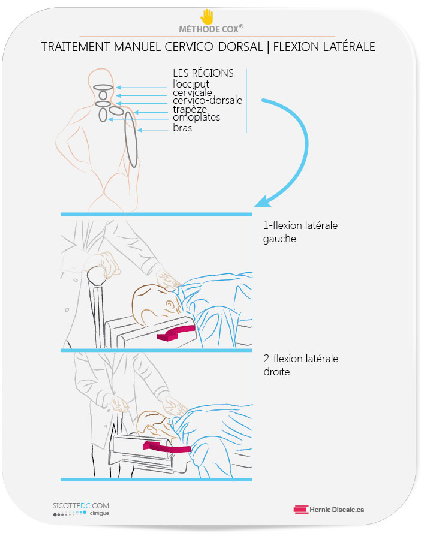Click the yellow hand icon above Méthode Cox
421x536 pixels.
[206, 16]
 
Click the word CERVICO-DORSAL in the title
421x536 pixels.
[213, 47]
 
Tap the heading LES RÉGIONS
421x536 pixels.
[203, 73]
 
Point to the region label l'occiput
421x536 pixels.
[191, 84]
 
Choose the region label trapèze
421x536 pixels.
[190, 109]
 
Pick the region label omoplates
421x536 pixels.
[196, 118]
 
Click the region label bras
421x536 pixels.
[182, 128]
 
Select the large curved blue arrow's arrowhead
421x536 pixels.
[263, 201]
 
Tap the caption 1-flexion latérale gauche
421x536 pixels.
[300, 232]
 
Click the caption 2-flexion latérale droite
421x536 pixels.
[300, 365]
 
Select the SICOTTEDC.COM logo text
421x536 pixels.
[81, 505]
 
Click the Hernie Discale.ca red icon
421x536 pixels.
[301, 510]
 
